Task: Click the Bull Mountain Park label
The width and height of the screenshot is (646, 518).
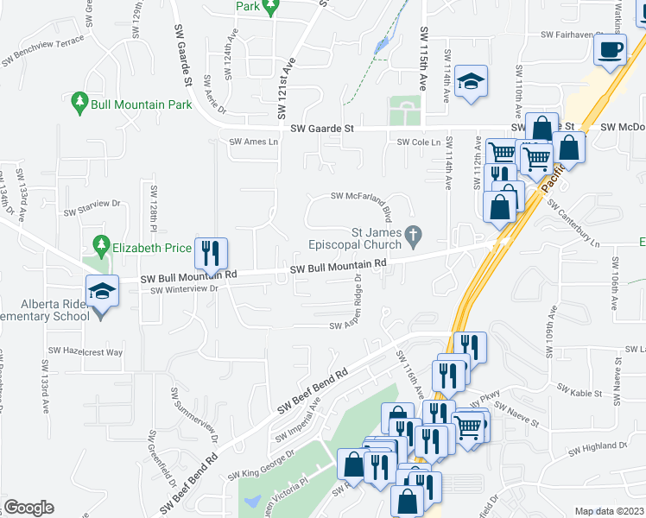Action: (142, 104)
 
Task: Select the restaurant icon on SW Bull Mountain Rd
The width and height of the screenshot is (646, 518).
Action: (211, 253)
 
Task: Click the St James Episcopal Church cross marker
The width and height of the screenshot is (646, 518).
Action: (415, 234)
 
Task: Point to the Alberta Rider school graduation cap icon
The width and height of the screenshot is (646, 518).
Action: (103, 291)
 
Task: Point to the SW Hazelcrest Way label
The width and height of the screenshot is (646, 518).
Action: (85, 351)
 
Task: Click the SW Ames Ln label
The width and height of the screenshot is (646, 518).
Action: (254, 142)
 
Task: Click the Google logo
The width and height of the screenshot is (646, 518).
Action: (29, 507)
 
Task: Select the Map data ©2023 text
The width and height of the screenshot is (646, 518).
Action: (610, 511)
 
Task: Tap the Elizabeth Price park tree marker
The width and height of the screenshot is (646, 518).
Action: (101, 248)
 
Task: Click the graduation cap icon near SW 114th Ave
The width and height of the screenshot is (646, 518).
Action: (472, 83)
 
